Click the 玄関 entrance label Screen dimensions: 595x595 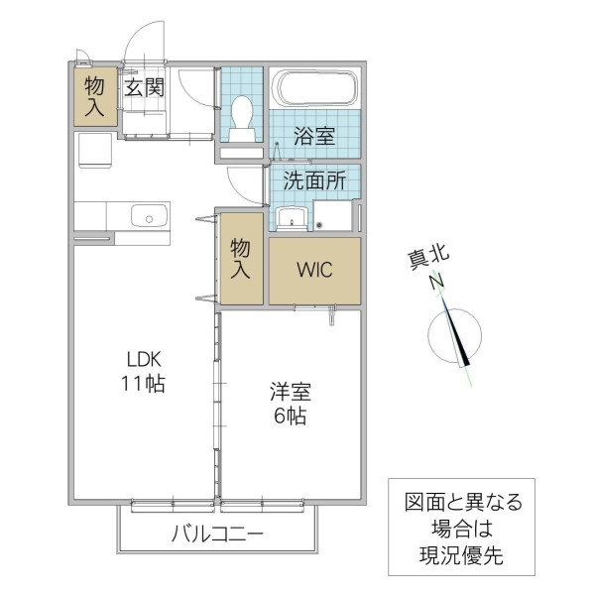[x=144, y=86]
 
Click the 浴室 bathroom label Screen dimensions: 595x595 [x=314, y=137]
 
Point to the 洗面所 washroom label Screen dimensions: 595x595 [x=313, y=181]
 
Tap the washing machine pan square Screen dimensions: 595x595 [x=334, y=215]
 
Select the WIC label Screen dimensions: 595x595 [x=314, y=270]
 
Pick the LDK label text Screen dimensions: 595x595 [x=142, y=359]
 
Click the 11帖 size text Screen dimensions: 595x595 [x=142, y=384]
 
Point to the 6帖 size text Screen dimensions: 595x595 [x=290, y=416]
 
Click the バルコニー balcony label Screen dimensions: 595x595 [x=217, y=534]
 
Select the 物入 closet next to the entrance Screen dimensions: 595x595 [x=94, y=96]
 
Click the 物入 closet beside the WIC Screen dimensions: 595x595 [x=241, y=259]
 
